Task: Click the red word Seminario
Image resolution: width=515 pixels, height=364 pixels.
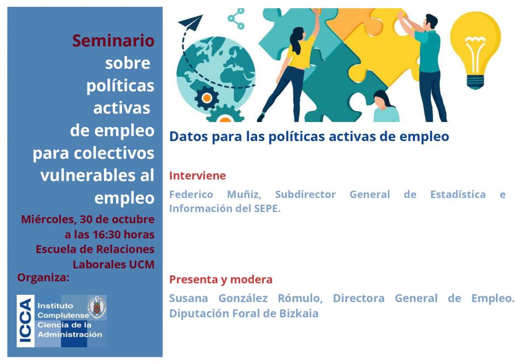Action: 113,41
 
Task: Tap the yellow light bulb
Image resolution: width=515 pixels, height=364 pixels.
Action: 475,49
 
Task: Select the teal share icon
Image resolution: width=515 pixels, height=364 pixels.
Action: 236,19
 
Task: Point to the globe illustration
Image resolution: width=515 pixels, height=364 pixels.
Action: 216,75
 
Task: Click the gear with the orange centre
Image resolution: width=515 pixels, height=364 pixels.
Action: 207,98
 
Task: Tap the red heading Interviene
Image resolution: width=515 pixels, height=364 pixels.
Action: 197,176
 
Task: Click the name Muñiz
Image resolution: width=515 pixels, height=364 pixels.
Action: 244,194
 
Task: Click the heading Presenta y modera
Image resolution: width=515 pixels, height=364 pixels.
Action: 221,279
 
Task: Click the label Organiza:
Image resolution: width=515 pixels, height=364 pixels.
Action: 43,278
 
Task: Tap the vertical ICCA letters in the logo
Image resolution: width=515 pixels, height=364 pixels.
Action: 25,321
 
